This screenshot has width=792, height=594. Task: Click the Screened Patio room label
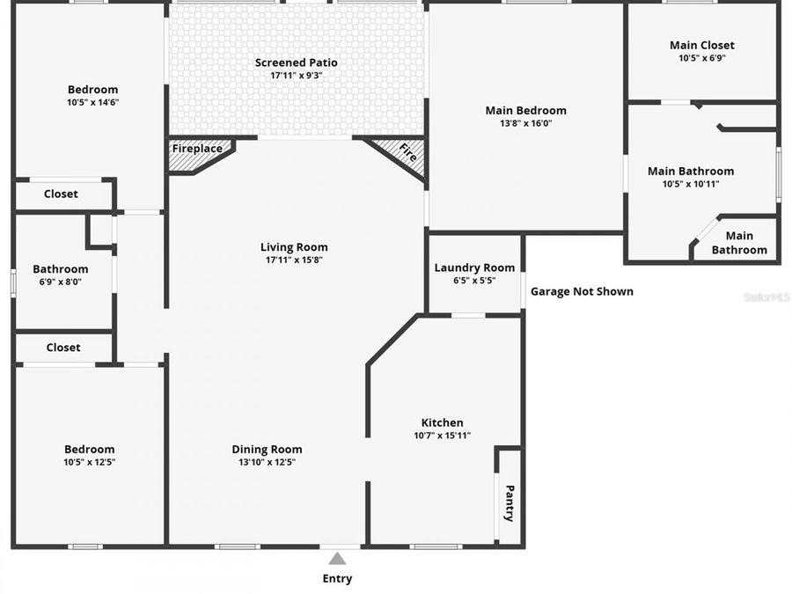pyautogui.click(x=296, y=62)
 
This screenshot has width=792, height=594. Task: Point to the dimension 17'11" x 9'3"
pyautogui.click(x=296, y=76)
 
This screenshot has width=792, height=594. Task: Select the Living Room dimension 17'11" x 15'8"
pyautogui.click(x=294, y=260)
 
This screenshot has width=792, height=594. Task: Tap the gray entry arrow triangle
pyautogui.click(x=337, y=558)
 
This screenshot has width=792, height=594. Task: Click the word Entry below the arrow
pyautogui.click(x=337, y=578)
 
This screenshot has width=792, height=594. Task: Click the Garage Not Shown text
pyautogui.click(x=582, y=291)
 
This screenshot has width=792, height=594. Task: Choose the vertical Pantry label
pyautogui.click(x=509, y=502)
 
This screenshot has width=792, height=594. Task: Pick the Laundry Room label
pyautogui.click(x=474, y=268)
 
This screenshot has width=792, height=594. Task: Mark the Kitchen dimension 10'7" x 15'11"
pyautogui.click(x=442, y=436)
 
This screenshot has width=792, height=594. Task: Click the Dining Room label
pyautogui.click(x=267, y=450)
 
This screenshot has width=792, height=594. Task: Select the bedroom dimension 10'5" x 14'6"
pyautogui.click(x=92, y=102)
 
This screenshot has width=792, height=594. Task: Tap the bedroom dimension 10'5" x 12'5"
pyautogui.click(x=89, y=462)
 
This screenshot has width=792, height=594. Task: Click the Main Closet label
pyautogui.click(x=701, y=45)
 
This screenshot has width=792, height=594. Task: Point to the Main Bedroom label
pyautogui.click(x=525, y=110)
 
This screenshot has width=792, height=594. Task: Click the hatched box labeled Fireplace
pyautogui.click(x=198, y=150)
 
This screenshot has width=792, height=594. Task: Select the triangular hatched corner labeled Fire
pyautogui.click(x=404, y=153)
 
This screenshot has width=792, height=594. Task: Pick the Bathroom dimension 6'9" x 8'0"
pyautogui.click(x=60, y=282)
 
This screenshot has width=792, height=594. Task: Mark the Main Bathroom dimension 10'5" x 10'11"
pyautogui.click(x=690, y=184)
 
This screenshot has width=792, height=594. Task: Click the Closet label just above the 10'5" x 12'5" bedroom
pyautogui.click(x=62, y=348)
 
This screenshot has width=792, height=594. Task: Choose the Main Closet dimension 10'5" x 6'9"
pyautogui.click(x=701, y=58)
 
